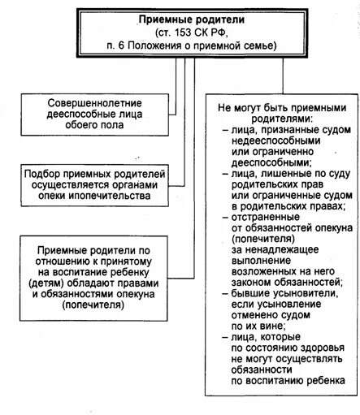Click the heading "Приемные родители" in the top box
180,17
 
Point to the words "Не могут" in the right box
241,105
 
